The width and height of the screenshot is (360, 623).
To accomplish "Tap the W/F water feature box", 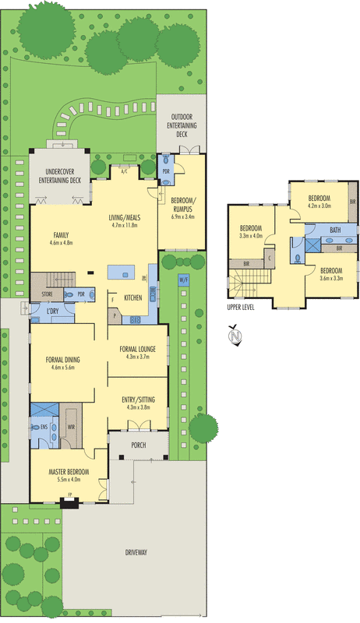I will tap(183, 279).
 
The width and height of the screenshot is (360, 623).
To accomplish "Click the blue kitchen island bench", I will tap(120, 271).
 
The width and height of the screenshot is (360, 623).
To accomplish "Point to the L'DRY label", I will tap(54, 311).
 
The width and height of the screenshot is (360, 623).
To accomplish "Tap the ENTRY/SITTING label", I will tap(138, 399).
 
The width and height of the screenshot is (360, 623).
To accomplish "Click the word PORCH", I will tap(139, 446).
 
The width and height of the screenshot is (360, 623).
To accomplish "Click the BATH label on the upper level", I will tap(335, 230).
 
